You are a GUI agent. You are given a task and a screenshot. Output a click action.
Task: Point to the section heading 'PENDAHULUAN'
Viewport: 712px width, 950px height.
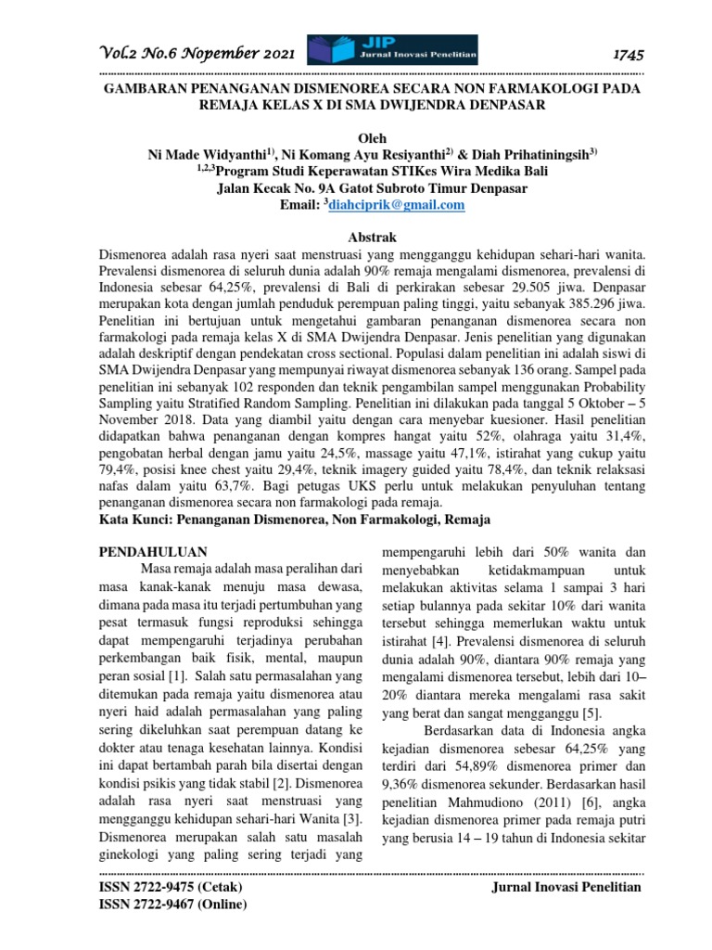point(152,551)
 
